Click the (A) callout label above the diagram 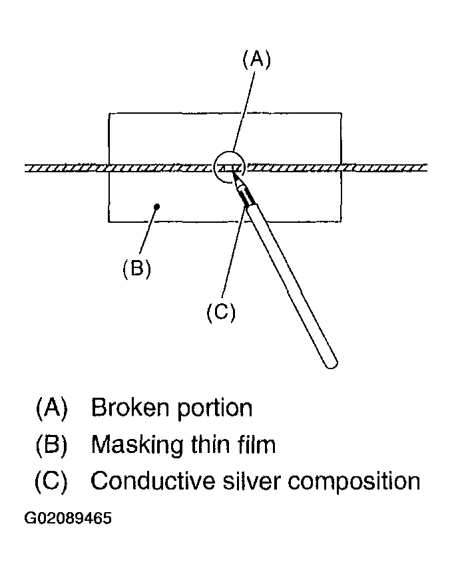pos(257,59)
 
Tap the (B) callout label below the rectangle pos(136,269)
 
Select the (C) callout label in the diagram pos(221,312)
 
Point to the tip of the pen pos(232,174)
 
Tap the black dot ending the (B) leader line pos(157,207)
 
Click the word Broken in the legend pos(130,407)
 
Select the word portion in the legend pos(215,409)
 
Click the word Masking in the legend pos(137,446)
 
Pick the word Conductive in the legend pos(152,481)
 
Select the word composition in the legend pos(354,482)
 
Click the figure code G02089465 pos(68,518)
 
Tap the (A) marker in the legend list pos(52,408)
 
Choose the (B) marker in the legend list pos(52,445)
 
